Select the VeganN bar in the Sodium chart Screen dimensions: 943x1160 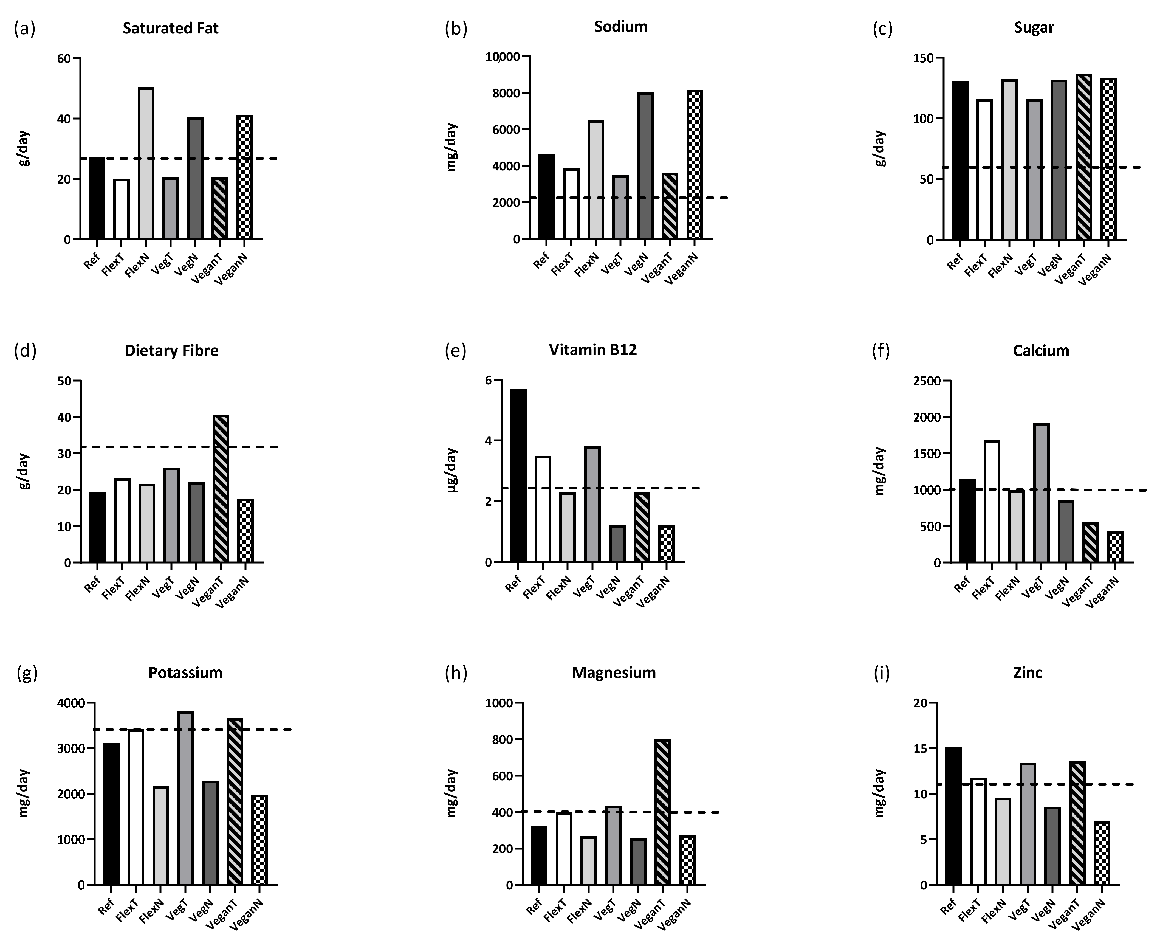[x=695, y=164]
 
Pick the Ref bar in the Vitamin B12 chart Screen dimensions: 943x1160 [x=518, y=475]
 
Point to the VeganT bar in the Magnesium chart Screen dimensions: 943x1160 [x=662, y=812]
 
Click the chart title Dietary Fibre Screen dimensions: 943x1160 [x=172, y=350]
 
